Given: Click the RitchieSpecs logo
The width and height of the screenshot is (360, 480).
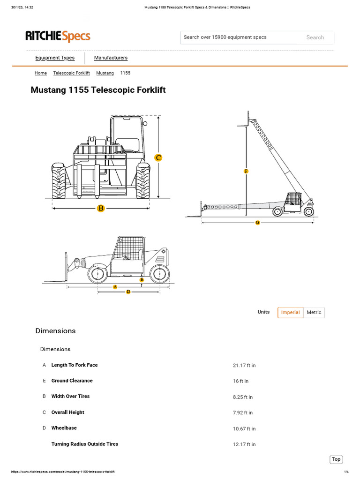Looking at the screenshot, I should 58,36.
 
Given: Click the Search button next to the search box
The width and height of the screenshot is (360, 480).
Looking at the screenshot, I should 315,37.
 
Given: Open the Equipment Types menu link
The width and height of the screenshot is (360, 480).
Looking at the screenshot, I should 55,58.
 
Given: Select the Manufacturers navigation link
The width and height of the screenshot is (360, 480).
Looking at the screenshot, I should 111,58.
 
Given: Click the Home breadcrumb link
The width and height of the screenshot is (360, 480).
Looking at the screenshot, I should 41,73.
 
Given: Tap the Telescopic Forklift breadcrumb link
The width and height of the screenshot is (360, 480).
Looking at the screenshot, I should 71,73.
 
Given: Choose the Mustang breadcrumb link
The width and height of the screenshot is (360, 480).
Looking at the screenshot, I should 105,73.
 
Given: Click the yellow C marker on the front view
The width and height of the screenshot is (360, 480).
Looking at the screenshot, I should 158,157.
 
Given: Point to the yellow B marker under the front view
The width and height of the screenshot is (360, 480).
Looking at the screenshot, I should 100,209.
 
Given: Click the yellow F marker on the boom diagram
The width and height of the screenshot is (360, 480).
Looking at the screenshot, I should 246,172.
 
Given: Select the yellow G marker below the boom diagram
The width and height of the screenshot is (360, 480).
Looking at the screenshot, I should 257,223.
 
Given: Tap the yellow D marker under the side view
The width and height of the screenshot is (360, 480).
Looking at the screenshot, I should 128,292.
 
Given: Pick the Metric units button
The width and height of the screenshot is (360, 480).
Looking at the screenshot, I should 314,313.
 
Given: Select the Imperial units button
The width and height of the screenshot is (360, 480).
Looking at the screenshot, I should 290,313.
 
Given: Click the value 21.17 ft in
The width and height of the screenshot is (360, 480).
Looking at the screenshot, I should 244,366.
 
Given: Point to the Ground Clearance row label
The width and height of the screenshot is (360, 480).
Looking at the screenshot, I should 72,381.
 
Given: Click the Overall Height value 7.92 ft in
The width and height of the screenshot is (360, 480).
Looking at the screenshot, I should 242,413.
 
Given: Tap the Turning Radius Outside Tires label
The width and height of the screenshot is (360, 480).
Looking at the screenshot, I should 84,444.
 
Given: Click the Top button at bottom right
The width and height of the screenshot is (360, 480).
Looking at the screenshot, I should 336,459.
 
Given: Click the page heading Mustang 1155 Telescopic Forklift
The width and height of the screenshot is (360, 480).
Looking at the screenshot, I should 98,90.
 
